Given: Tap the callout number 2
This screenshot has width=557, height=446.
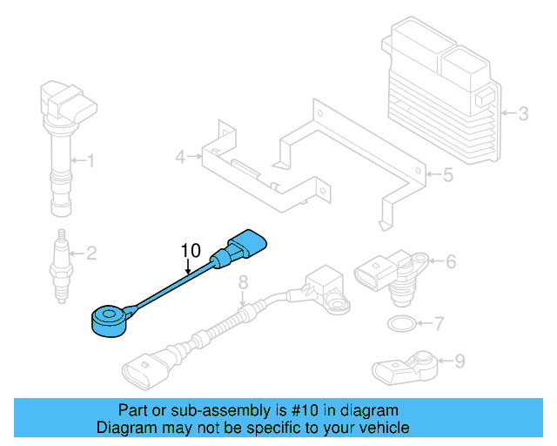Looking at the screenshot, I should coord(91,253).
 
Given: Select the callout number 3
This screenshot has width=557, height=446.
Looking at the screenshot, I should coord(523,113).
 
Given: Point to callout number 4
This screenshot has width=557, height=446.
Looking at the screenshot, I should coord(180,158).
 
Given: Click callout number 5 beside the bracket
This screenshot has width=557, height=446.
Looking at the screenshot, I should coord(447,175).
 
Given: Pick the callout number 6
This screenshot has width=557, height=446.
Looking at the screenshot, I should coord(451,260).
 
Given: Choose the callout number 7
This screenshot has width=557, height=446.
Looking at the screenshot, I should coord(439,325).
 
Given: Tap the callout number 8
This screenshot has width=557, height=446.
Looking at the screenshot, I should coord(243,281).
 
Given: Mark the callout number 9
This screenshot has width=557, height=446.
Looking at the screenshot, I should coord(460,360).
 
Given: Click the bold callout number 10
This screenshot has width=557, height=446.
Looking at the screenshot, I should coord(191,251).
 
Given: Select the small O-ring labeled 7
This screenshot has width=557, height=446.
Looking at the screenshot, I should coord(399,326).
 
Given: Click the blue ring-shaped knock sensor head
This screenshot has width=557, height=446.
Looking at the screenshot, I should coord(110,319).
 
